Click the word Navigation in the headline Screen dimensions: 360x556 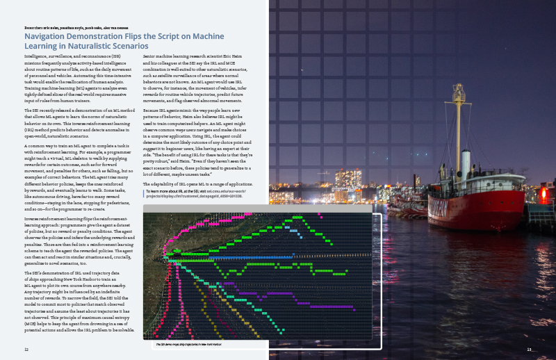pos(47,38)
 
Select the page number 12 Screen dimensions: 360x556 pos(26,350)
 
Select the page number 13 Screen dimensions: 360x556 pos(529,350)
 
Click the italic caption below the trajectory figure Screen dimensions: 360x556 pos(187,344)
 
